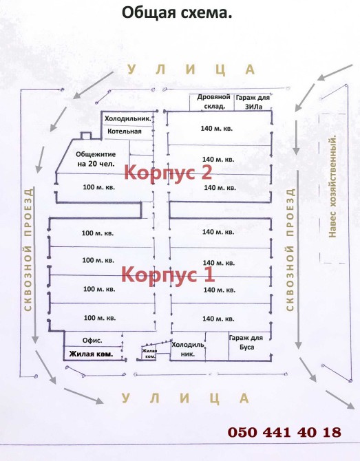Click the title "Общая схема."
click(x=177, y=13)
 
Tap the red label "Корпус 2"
click(x=168, y=172)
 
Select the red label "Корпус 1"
click(x=168, y=274)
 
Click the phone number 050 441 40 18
click(x=284, y=432)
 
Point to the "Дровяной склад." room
click(x=212, y=102)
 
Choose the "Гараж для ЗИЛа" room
click(x=253, y=102)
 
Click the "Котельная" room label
click(x=125, y=131)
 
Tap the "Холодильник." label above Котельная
click(x=128, y=119)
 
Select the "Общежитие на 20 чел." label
click(x=96, y=159)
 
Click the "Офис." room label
click(x=92, y=341)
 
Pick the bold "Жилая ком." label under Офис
click(x=91, y=354)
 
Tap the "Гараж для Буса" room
click(x=246, y=343)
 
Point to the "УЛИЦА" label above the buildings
click(x=191, y=69)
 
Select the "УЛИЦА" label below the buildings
click(x=185, y=398)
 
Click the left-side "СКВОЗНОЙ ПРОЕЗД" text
click(x=28, y=250)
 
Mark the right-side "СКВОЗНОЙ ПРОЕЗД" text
click(x=290, y=250)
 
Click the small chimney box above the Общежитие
click(x=86, y=136)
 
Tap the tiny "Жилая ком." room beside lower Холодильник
click(x=149, y=354)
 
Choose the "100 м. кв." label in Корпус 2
click(x=99, y=187)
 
